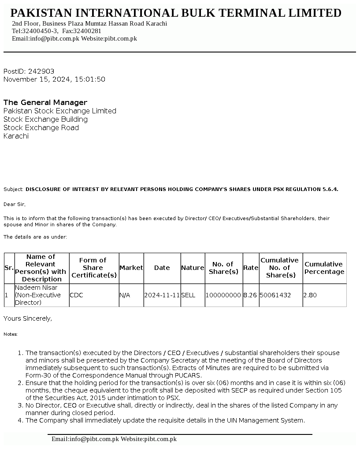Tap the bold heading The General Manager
pos(45,102)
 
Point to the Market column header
pos(131,268)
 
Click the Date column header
pos(162,268)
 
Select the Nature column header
pos(193,268)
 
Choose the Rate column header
pos(251,268)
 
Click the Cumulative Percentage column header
pos(324,268)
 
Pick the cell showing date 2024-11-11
pos(162,295)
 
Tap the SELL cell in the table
pos(188,295)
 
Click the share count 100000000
pos(223,295)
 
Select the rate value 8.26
pos(250,295)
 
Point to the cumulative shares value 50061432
pos(275,295)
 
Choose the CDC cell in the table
pos(77,295)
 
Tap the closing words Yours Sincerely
pos(28,318)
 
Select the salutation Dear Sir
pos(15,204)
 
